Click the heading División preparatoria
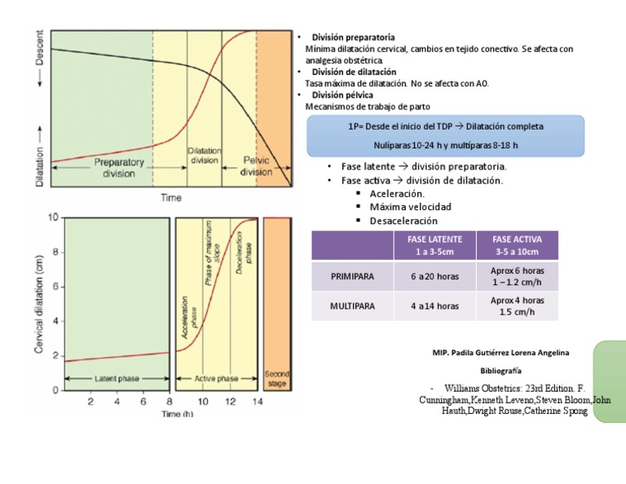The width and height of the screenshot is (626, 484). [x=355, y=37]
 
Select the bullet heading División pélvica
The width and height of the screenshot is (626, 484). [x=343, y=95]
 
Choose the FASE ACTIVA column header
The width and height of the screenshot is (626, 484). [x=518, y=245]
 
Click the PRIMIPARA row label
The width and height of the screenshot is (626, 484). [x=352, y=276]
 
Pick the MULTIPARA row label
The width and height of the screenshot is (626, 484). [x=352, y=306]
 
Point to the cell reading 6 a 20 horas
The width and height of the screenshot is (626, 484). [x=435, y=276]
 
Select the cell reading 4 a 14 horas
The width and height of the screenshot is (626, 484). [x=435, y=306]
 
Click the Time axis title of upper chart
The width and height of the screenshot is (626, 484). [x=170, y=198]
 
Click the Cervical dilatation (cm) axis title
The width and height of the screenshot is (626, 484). [x=39, y=304]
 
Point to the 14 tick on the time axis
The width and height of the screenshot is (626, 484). [x=257, y=401]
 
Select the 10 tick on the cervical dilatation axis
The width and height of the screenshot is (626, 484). [x=53, y=218]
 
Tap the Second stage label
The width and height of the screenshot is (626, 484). [x=277, y=379]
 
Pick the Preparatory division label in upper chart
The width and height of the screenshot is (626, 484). [x=119, y=167]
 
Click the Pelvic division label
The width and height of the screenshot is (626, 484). [x=257, y=166]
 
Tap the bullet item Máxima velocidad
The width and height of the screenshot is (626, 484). [x=410, y=207]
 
